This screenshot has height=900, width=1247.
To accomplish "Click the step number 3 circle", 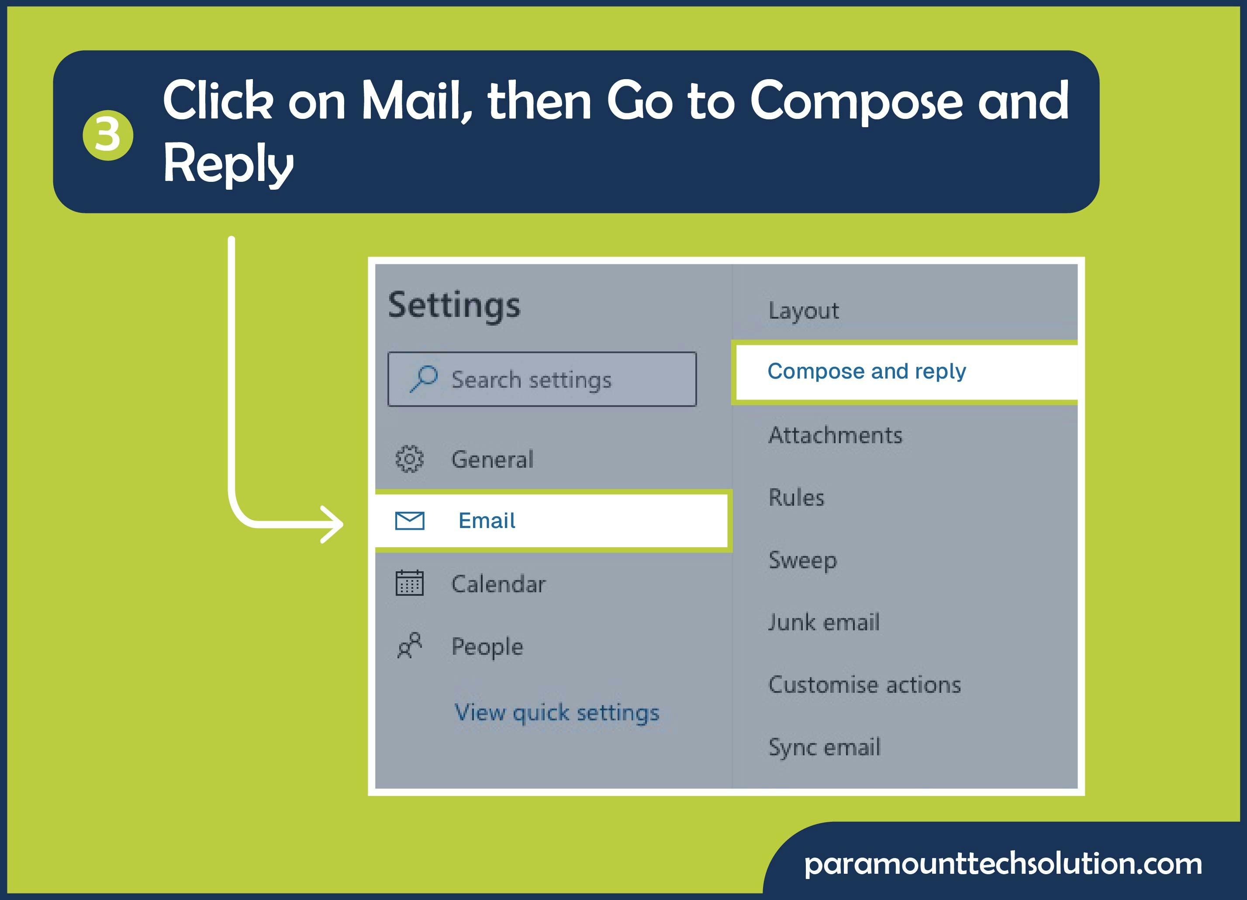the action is click(x=108, y=136).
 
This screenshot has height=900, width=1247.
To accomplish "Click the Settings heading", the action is click(x=454, y=306).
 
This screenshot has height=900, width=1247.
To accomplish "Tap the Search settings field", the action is click(x=542, y=379).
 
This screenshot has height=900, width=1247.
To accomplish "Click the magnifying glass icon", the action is click(x=424, y=379).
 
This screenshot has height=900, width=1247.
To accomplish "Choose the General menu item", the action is click(x=493, y=459).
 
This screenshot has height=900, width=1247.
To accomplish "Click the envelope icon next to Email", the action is click(x=410, y=521).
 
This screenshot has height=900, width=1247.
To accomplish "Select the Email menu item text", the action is click(x=487, y=521).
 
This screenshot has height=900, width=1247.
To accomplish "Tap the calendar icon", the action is click(x=410, y=583).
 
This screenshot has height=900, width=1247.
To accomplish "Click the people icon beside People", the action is click(x=410, y=645).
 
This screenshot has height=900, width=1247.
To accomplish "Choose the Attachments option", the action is click(x=836, y=435).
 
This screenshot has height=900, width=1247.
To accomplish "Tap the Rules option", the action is click(x=797, y=497).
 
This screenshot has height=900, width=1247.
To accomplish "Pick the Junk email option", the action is click(x=824, y=622).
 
